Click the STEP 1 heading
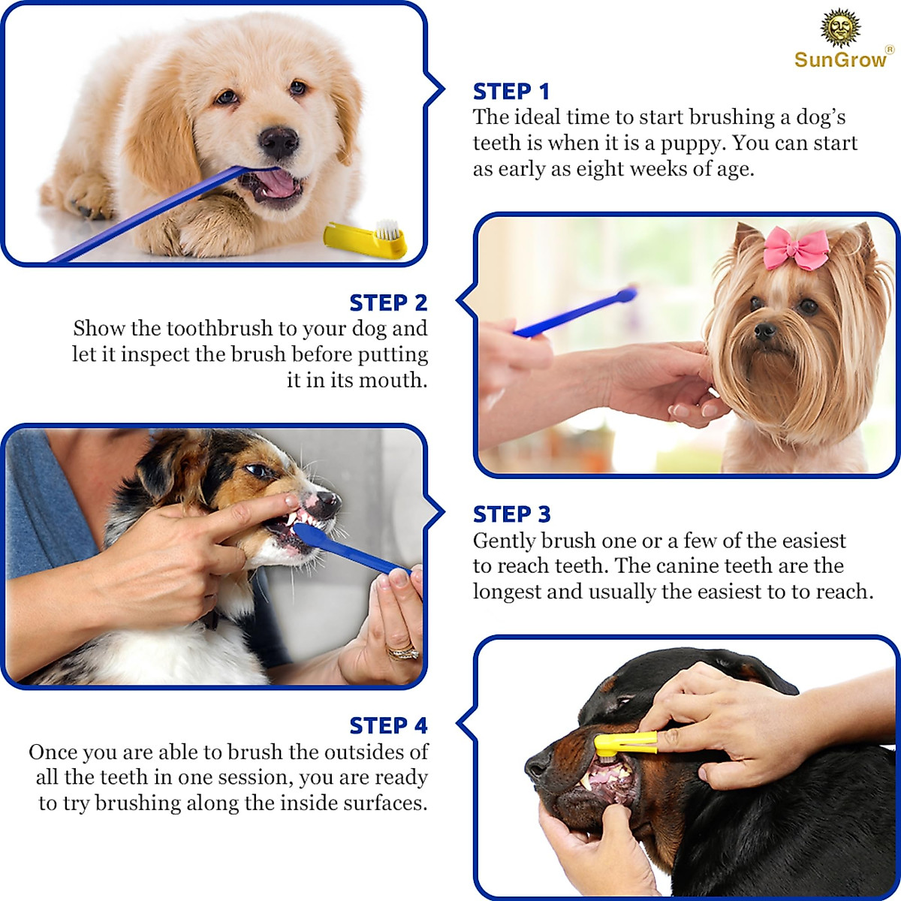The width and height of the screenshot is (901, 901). tap(511, 92)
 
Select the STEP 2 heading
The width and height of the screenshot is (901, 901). tap(388, 303)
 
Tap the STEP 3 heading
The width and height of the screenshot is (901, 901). tap(511, 515)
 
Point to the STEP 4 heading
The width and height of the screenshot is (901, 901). tap(388, 726)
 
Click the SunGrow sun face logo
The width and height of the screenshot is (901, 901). tap(839, 29)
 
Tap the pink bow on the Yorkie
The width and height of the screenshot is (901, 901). tap(796, 249)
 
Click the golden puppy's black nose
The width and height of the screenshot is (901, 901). tap(279, 140)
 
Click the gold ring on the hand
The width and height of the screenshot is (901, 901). tap(402, 652)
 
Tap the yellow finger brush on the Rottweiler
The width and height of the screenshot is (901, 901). tap(625, 743)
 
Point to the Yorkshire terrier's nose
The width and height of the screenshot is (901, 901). tap(764, 331)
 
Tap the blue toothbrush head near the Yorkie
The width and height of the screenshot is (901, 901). tap(625, 294)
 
